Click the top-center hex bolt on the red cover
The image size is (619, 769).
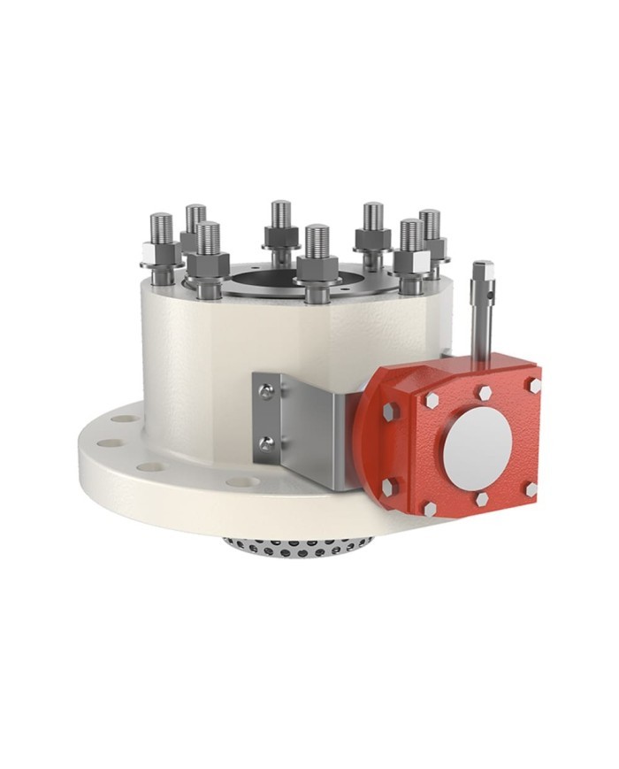coord(485,391)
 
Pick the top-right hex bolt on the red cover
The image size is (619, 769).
coord(533,385)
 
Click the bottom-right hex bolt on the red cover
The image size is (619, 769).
coord(530,488)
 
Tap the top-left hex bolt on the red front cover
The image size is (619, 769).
coord(432,400)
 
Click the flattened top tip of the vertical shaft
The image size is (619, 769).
coord(482,267)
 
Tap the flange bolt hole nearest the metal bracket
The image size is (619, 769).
coord(241,482)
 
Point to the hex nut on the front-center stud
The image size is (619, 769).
coord(317,267)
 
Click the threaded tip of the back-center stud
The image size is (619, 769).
coord(280,212)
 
